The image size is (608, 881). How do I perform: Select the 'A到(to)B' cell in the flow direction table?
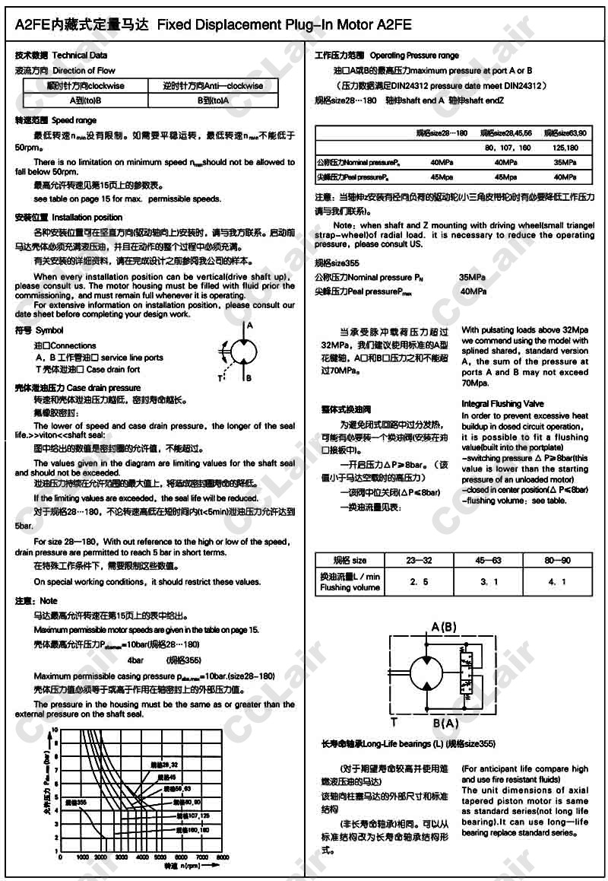(x=85, y=100)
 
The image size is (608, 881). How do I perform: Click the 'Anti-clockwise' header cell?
(x=214, y=86)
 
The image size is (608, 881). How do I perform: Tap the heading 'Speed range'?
(x=74, y=120)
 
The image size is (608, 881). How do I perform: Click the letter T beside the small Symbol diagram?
(x=220, y=377)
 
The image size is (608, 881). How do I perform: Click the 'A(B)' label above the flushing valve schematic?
(x=445, y=627)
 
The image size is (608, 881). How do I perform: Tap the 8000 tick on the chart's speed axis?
(x=222, y=857)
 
